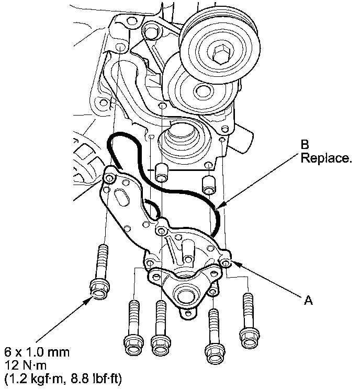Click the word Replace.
pos(325,157)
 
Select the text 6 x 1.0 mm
pos(36,351)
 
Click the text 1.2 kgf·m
pos(35,377)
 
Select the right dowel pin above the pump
pos(209,183)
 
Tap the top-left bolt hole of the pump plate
pos(109,179)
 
